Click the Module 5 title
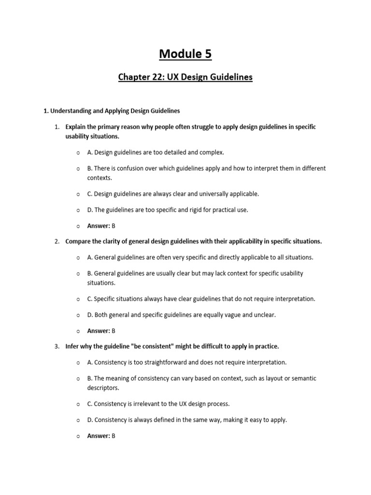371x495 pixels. point(185,54)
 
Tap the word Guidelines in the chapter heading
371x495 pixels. point(230,77)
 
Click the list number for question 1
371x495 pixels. point(56,127)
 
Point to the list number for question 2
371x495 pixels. point(56,241)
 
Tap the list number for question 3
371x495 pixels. point(56,346)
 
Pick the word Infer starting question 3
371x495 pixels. point(73,346)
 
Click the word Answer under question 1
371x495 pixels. point(98,226)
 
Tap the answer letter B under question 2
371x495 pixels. point(114,331)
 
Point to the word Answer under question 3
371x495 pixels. point(98,436)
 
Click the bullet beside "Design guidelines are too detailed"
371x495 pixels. point(77,152)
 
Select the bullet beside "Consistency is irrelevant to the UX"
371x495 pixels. point(77,404)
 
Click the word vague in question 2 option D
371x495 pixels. point(231,315)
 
